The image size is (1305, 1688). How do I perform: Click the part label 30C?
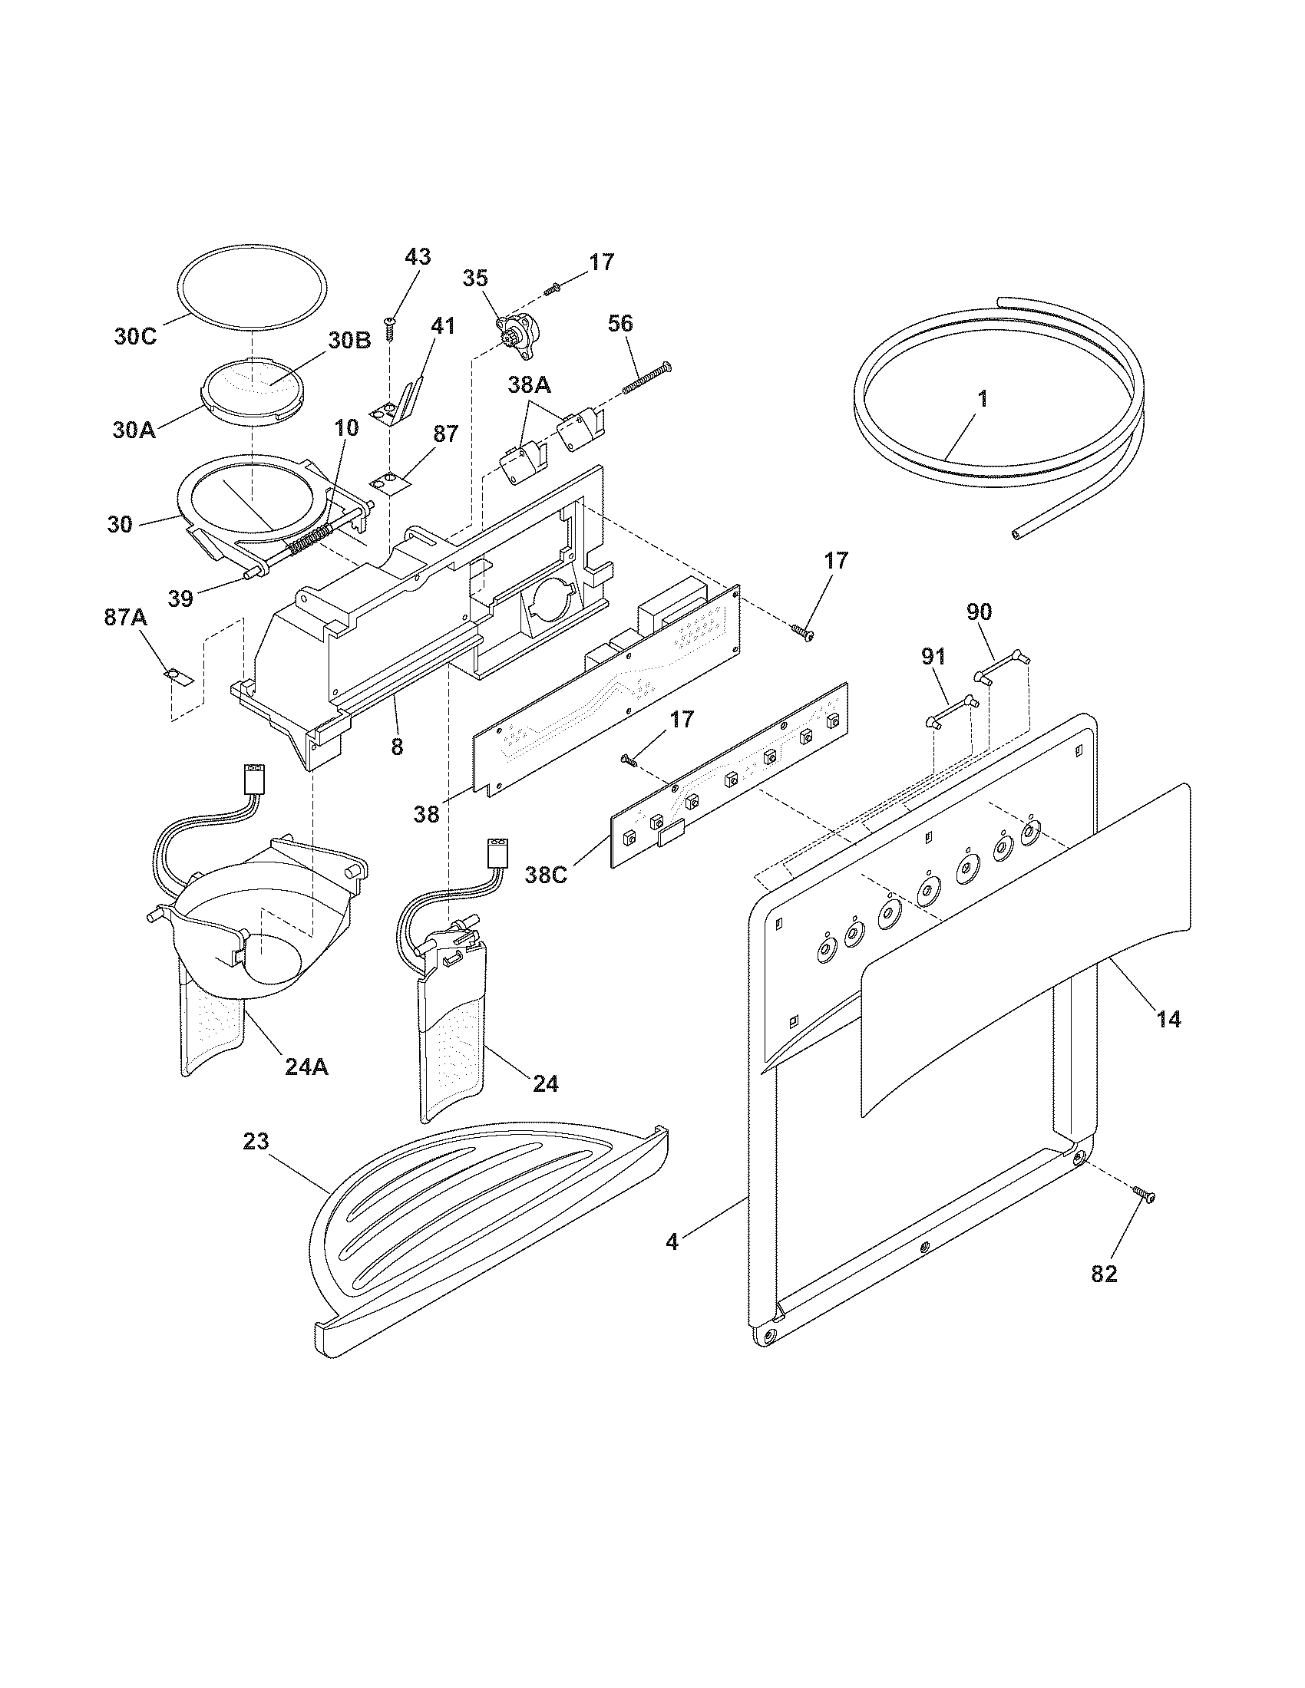click(135, 337)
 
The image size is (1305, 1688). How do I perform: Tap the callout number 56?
click(621, 324)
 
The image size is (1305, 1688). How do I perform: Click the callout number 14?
click(1169, 1019)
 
